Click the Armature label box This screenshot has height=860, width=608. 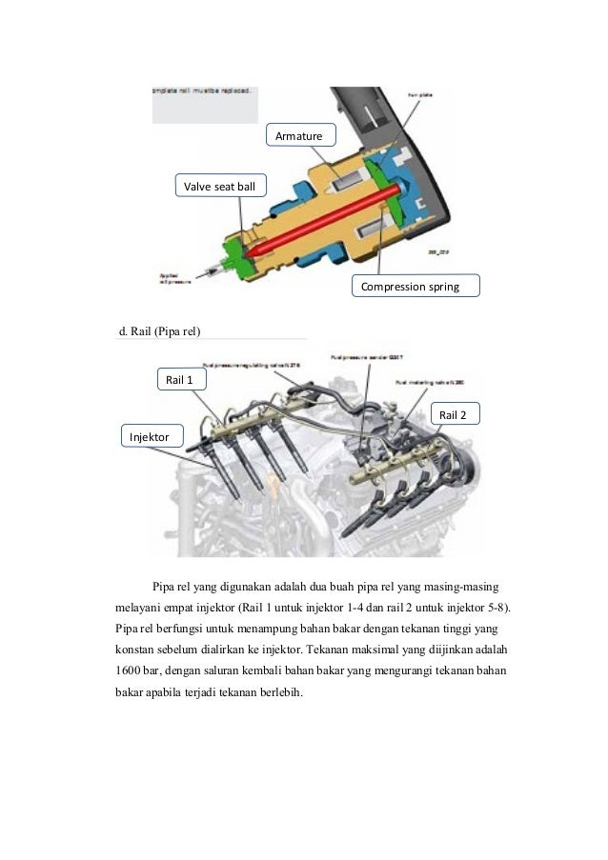click(x=299, y=137)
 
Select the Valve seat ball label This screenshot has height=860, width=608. click(x=220, y=186)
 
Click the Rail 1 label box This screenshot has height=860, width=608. click(x=179, y=380)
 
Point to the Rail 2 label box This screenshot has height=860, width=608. click(x=456, y=414)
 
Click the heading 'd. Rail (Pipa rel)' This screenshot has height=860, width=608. click(x=159, y=331)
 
